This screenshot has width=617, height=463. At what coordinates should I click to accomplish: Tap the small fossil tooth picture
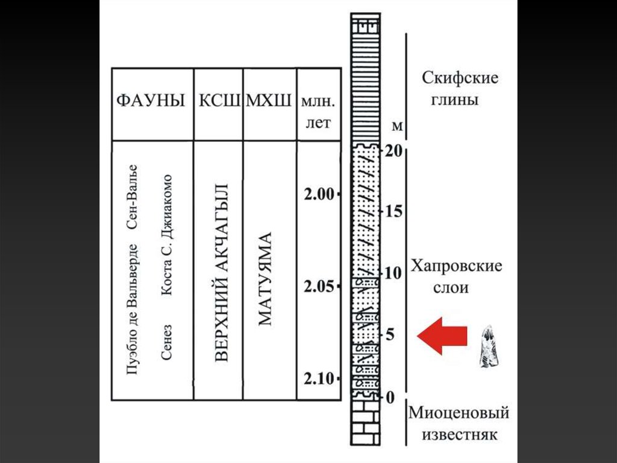pos(489,347)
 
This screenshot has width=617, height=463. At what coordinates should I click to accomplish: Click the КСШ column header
pos(219,101)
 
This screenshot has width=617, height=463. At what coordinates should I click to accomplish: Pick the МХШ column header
pos(269,101)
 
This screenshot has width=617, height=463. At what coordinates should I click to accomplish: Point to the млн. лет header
pos(318,111)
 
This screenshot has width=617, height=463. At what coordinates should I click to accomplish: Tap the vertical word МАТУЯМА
pos(265,278)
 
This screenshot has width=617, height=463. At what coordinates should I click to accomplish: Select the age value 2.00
pos(318,194)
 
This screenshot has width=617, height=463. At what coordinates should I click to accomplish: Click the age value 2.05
pos(318,286)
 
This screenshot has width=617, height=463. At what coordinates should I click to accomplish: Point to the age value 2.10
pos(318,378)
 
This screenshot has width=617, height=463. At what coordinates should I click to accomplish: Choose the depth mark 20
pos(394,152)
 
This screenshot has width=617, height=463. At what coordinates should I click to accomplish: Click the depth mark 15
pos(394,212)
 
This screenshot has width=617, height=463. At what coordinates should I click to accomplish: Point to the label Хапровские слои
pos(456,276)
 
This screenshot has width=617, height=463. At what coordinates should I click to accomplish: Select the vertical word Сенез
pos(167,341)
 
